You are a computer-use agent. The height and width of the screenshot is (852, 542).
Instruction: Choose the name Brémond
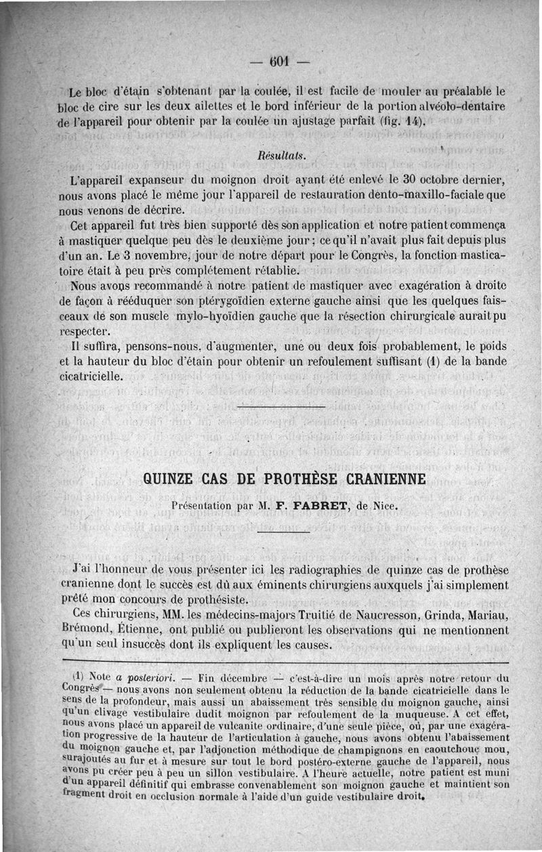pos(84,630)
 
